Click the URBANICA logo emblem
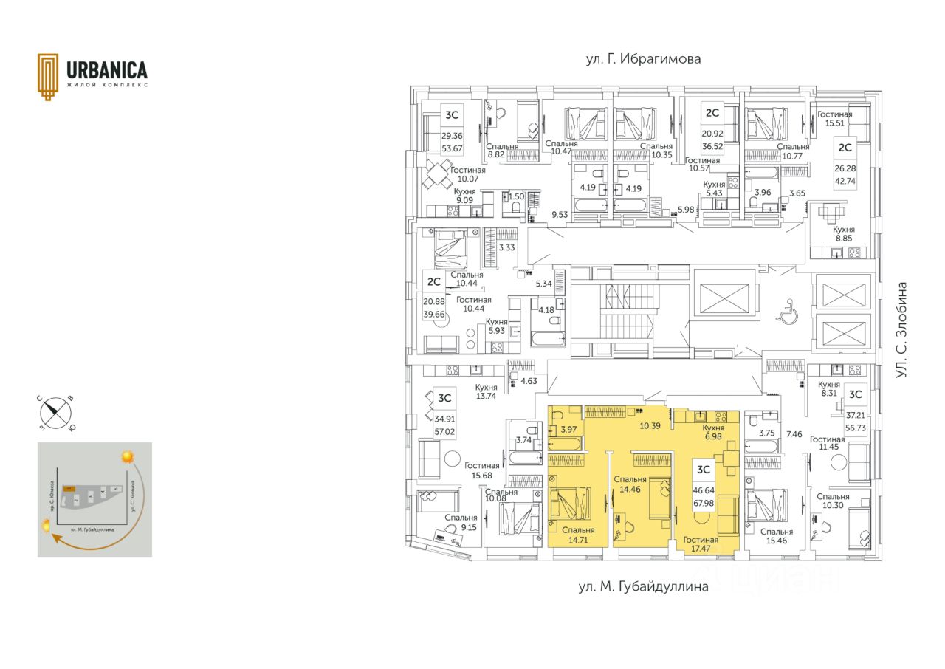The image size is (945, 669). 49,75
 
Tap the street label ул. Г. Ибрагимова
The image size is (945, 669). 643,59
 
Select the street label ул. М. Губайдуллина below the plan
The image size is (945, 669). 643,587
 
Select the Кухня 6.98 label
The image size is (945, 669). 714,433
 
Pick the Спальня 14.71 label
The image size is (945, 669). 578,535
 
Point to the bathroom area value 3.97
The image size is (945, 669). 568,430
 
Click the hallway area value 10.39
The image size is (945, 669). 650,426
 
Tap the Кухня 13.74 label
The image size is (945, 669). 486,391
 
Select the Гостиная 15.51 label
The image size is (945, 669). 835,120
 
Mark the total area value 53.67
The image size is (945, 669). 452,148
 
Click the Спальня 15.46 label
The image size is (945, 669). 776,537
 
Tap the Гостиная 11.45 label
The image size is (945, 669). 827,443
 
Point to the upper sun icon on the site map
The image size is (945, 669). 127,456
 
